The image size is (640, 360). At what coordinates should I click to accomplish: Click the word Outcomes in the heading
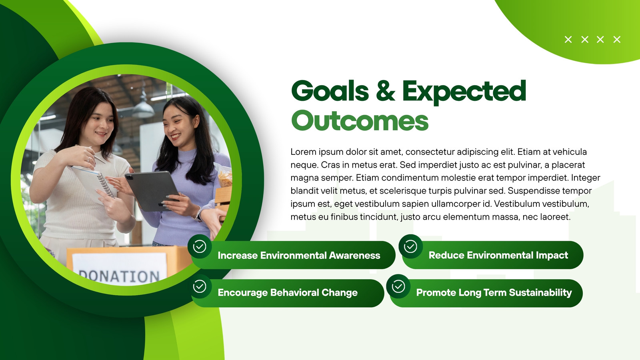(x=360, y=120)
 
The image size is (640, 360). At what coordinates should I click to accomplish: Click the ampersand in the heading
(x=386, y=90)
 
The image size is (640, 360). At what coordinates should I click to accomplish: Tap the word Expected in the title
(x=464, y=92)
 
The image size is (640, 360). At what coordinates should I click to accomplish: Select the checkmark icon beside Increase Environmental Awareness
(x=200, y=246)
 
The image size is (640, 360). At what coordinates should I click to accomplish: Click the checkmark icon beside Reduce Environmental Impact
(x=410, y=246)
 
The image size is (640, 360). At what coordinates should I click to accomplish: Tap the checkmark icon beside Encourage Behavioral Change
(x=200, y=286)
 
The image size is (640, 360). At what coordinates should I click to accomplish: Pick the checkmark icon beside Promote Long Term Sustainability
(x=398, y=286)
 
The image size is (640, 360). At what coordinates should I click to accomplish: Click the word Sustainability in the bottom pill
(x=540, y=292)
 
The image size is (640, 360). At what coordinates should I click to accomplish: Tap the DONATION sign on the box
(x=119, y=270)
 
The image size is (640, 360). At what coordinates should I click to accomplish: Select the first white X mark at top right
(x=568, y=40)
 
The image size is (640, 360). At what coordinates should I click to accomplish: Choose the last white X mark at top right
(x=617, y=40)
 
